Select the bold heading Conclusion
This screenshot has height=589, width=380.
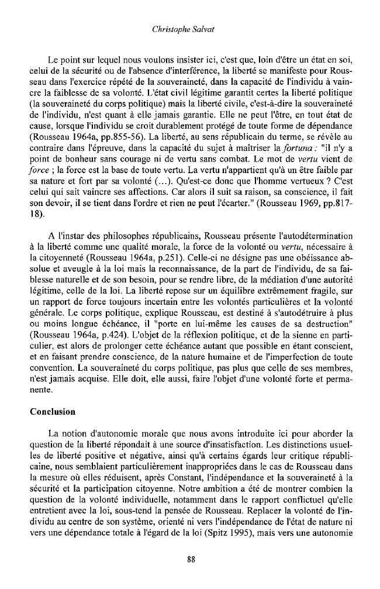point(53,411)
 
